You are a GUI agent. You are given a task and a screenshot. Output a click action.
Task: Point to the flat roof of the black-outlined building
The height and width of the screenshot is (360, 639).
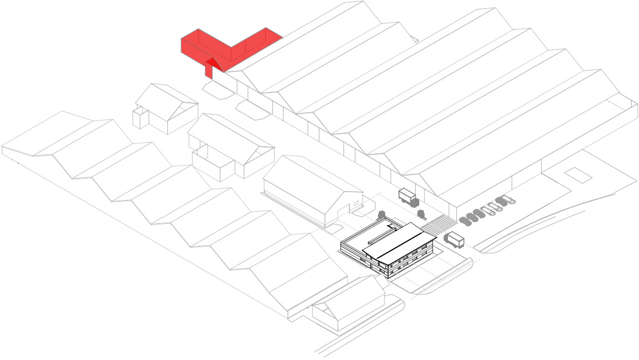(364, 242)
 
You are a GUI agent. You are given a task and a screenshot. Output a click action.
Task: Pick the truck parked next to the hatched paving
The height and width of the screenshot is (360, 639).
(454, 240)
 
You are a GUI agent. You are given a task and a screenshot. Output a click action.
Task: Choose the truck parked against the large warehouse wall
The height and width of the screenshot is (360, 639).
(407, 195)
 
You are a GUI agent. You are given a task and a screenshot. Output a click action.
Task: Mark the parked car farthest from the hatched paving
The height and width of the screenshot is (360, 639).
(508, 199)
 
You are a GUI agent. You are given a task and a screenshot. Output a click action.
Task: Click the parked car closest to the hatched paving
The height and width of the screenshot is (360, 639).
(465, 219)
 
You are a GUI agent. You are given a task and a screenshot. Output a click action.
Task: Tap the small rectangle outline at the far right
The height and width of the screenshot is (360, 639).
(578, 174)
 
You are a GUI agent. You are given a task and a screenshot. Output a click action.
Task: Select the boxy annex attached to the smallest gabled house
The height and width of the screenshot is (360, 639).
(140, 117)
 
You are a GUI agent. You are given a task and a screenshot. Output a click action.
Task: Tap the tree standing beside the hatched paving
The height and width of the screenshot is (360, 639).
(421, 213)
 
